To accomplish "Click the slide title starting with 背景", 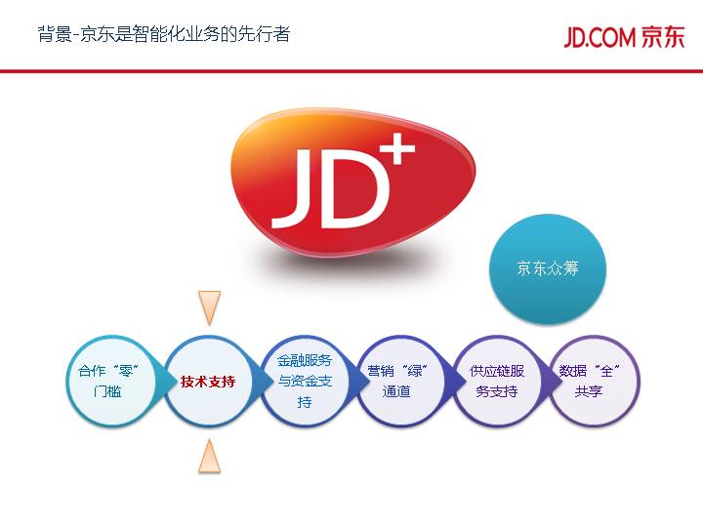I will coord(163,35).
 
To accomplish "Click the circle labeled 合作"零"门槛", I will coord(112,382).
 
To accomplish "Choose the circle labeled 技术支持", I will coord(208,382).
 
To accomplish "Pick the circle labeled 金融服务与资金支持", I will coord(305,382).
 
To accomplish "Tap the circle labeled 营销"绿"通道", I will coord(400,382).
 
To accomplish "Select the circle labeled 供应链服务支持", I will coord(497,382).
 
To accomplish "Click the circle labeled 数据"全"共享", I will coord(593,382).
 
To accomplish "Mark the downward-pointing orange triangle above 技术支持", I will coord(209,306).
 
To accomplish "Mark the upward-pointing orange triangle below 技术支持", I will coord(209,456).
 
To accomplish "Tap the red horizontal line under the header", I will coord(351,71).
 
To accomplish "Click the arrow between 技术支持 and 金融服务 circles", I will coord(257,382).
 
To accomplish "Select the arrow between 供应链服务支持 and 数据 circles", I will coord(546,382).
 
